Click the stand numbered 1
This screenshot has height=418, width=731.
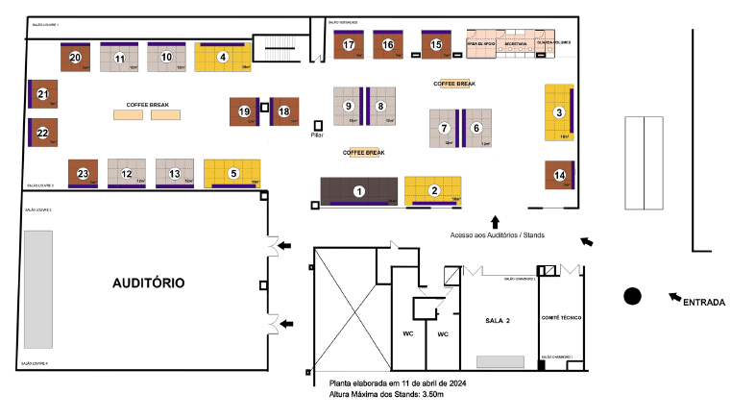point(359,191)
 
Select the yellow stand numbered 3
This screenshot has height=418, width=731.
point(559,112)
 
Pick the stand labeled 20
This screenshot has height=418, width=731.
point(76,58)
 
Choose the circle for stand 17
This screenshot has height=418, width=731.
point(349,45)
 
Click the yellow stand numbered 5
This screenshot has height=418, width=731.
point(232,173)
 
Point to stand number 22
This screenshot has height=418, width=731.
point(42,133)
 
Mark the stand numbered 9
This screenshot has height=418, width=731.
point(350,106)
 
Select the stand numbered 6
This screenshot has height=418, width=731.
point(475,128)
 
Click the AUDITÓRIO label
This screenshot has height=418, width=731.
point(148,283)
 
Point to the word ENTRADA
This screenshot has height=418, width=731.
point(704,302)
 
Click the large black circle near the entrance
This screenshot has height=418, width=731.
point(632,296)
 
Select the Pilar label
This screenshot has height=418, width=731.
point(318,135)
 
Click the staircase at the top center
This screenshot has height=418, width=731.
point(282,45)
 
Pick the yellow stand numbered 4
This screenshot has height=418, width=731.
point(223,58)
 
